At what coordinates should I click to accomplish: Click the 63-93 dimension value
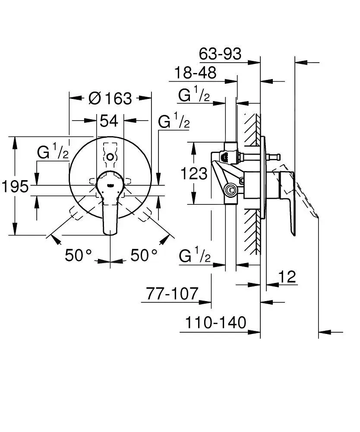220,54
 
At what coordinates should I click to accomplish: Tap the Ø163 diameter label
110,98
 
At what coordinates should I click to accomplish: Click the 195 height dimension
15,187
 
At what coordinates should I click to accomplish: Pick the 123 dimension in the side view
194,173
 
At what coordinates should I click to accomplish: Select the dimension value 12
287,276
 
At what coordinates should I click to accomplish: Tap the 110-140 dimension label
215,322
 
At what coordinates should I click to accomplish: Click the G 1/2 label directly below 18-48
194,95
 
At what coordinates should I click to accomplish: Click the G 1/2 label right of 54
174,122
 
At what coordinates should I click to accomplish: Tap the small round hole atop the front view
111,156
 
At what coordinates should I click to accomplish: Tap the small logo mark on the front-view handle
111,185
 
